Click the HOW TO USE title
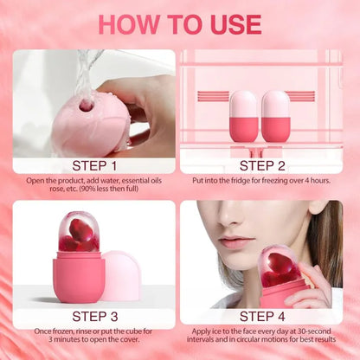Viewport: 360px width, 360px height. [x=179, y=23]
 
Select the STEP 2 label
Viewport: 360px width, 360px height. [x=267, y=164]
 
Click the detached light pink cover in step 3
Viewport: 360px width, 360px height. [x=122, y=275]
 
